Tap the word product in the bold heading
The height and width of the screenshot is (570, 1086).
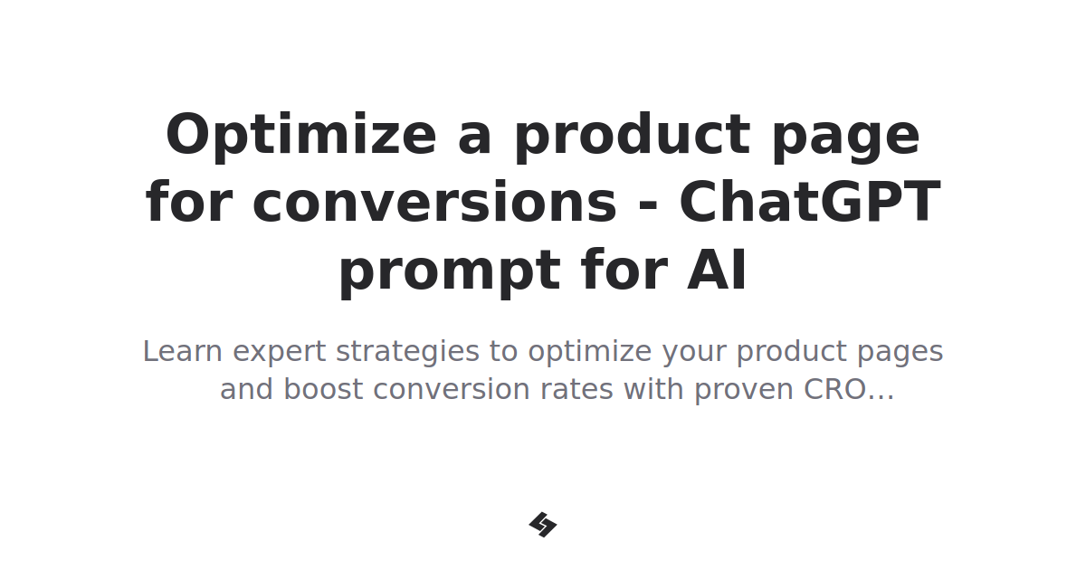632,136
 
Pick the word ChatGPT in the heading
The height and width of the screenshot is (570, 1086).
809,203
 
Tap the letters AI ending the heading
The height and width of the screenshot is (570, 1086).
717,271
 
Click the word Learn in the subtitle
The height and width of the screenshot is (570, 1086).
183,351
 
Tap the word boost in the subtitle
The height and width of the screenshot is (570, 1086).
323,390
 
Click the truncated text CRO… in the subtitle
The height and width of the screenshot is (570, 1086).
849,390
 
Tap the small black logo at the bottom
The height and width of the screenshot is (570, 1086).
543,525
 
